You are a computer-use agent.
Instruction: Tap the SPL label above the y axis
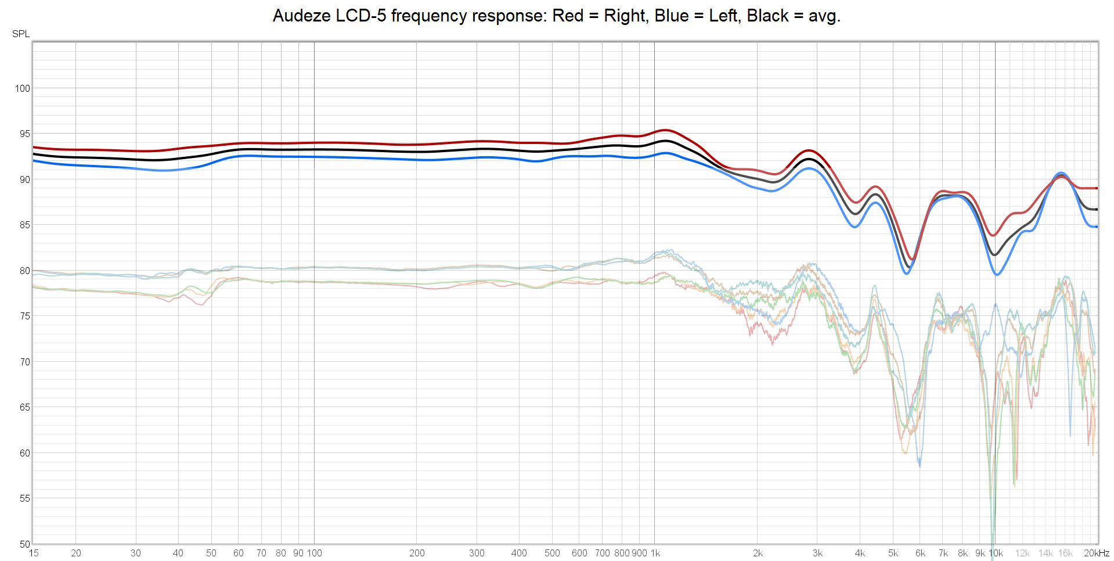(x=21, y=34)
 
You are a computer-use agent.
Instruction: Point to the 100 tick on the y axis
(x=22, y=89)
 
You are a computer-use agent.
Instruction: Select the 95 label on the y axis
(x=24, y=134)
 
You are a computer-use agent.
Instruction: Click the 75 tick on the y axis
(x=24, y=317)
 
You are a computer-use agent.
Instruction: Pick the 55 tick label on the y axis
(x=24, y=499)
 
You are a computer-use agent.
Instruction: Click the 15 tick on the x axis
(x=33, y=553)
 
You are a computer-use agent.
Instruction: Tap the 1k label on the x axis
(x=654, y=553)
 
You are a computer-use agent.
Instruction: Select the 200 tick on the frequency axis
(x=417, y=553)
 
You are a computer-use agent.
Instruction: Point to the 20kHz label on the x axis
(x=1096, y=553)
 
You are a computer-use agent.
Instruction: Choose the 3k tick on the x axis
(x=817, y=553)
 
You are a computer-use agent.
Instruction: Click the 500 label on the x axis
(x=552, y=553)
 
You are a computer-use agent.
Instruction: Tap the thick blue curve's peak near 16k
(x=1061, y=173)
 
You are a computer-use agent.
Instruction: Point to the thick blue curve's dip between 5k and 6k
(x=907, y=273)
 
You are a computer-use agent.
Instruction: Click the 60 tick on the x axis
(x=239, y=553)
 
